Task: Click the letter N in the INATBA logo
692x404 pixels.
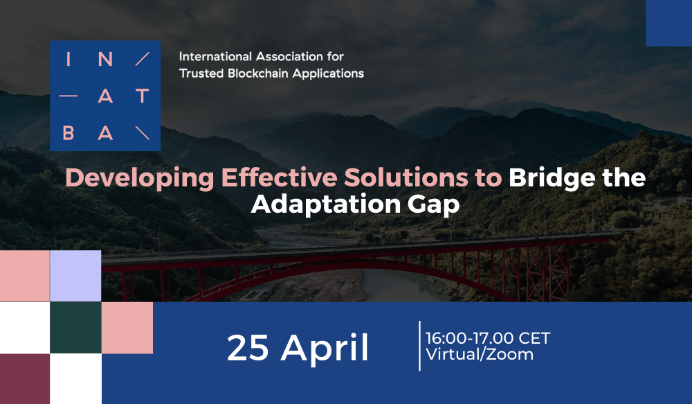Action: (x=105, y=59)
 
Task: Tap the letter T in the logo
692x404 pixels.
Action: (x=142, y=96)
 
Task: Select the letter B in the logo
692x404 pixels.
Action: (x=69, y=132)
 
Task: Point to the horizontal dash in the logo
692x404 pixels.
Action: (x=69, y=96)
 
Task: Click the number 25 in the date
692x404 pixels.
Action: (x=248, y=348)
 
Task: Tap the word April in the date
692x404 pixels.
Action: (x=325, y=349)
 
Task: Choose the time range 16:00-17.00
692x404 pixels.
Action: (x=470, y=338)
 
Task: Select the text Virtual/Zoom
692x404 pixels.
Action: (x=480, y=355)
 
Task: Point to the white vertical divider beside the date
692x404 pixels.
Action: (x=419, y=346)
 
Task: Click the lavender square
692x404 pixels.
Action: (x=75, y=276)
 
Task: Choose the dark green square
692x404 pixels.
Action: (x=75, y=328)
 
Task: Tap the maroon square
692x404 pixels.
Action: (x=25, y=379)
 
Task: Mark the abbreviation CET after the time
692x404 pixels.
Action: (x=534, y=338)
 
